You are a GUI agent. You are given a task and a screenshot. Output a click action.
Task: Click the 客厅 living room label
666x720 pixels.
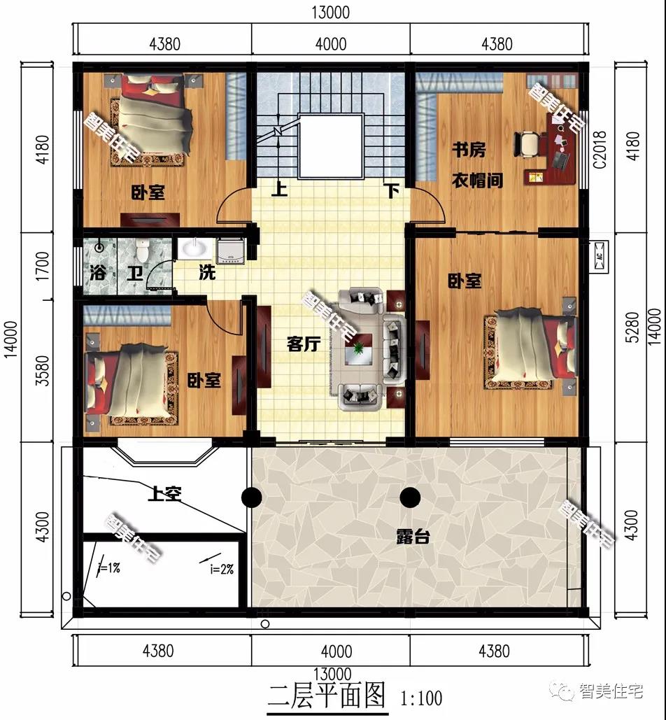[x=304, y=344]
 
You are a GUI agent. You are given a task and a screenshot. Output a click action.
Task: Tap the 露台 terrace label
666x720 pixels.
[x=413, y=536]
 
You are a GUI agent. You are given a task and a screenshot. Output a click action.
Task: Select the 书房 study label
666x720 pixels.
[x=469, y=150]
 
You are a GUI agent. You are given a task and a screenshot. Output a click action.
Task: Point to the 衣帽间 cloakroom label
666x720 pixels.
[x=477, y=181]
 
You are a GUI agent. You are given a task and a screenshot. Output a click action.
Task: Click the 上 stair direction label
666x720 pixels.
[x=279, y=189]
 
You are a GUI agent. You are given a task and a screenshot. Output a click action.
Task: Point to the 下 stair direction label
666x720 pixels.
[x=392, y=190]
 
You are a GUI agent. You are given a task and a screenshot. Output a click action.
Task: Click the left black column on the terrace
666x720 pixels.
[x=252, y=497]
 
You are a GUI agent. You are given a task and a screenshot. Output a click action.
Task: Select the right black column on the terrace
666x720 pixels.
[x=410, y=497]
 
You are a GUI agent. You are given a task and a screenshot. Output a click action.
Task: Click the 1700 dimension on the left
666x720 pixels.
[x=42, y=267]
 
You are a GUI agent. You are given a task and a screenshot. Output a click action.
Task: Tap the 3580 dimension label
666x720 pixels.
[x=42, y=371]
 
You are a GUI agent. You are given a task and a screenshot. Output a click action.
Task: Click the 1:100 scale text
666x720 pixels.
[x=421, y=698]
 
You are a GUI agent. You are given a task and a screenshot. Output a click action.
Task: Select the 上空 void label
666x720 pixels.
[x=165, y=493]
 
